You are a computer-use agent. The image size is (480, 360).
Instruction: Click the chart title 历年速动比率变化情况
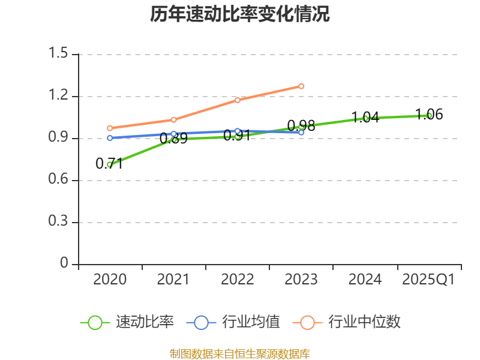click(x=240, y=14)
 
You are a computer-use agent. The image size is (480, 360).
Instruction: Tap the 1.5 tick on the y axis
click(x=59, y=54)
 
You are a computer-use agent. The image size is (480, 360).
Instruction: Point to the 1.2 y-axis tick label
click(x=59, y=96)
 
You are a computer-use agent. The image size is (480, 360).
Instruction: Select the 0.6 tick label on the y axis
click(x=59, y=180)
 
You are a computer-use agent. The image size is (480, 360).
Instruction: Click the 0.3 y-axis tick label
click(x=59, y=222)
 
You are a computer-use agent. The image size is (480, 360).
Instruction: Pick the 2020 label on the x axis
click(x=110, y=280)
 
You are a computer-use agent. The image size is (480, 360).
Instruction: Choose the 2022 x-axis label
click(x=238, y=280)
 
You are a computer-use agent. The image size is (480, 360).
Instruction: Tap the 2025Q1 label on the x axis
click(x=428, y=280)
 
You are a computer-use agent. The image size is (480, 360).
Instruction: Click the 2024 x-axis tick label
click(x=365, y=280)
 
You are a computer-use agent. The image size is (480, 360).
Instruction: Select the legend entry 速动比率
click(x=145, y=322)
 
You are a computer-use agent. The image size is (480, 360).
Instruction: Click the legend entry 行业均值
click(x=251, y=322)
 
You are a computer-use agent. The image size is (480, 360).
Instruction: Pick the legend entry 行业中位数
click(x=364, y=322)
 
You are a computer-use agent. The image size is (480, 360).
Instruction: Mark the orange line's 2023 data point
click(x=301, y=86)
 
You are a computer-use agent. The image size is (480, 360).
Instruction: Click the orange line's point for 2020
click(x=110, y=128)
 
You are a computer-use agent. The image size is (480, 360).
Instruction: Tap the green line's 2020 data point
click(x=110, y=164)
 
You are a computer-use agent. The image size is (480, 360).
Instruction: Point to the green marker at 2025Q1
click(x=429, y=115)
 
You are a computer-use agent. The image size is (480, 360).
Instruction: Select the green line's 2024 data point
click(x=365, y=118)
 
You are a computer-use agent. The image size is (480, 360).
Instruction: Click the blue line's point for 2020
click(x=110, y=138)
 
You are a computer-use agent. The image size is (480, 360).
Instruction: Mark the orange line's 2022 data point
click(x=238, y=100)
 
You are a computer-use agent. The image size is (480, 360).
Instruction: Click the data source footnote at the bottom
click(x=240, y=353)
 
